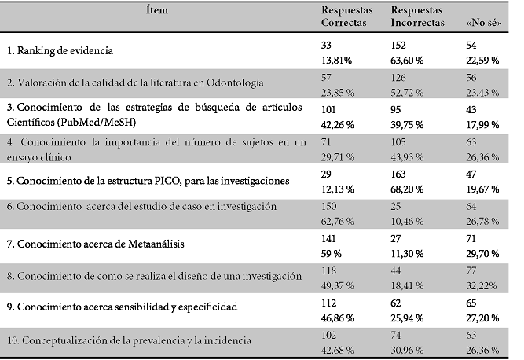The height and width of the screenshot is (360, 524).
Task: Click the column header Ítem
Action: point(156,10)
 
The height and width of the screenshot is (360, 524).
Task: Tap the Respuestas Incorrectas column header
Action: point(419,17)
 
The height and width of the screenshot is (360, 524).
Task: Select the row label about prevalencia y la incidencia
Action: point(129,340)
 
